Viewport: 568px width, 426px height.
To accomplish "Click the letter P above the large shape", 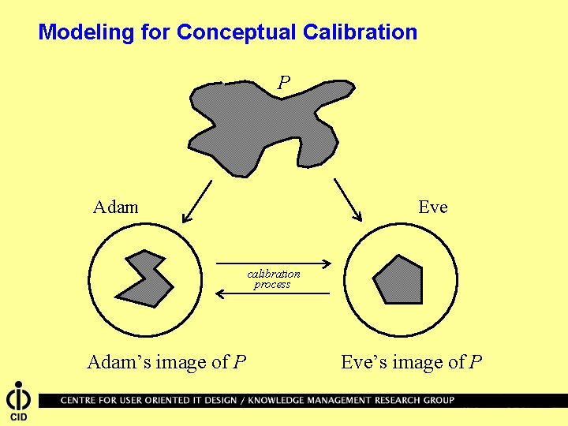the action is point(284,82).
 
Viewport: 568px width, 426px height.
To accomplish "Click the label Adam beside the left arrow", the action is point(115,207).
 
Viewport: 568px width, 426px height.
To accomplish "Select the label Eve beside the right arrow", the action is point(432,207).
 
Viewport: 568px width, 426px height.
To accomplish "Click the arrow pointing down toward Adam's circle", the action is point(196,201).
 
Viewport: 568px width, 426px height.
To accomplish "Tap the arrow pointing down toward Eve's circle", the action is point(348,200).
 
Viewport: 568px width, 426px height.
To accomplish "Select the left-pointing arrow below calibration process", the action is point(272,293).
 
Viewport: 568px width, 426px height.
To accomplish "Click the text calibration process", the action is point(273,279).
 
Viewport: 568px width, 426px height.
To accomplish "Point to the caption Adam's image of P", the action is point(166,362).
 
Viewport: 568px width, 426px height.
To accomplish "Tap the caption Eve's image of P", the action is point(411,362).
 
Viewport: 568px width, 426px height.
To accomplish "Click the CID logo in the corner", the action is point(18,402).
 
